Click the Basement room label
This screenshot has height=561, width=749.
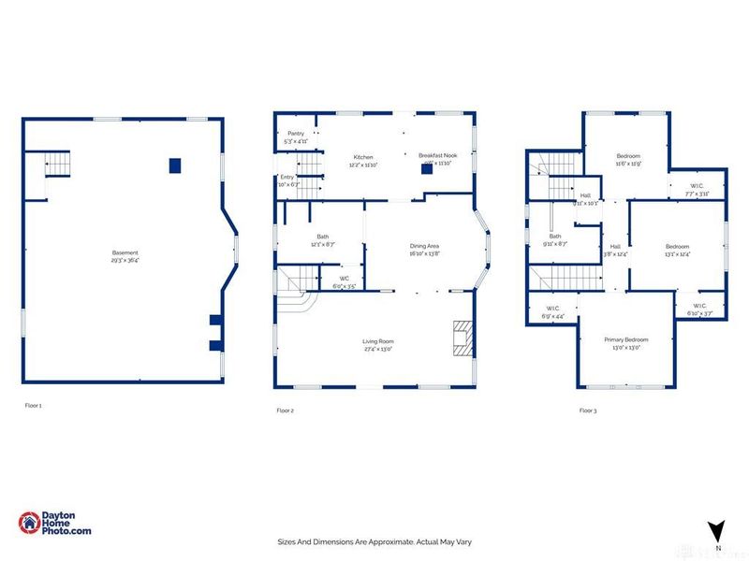[125, 252]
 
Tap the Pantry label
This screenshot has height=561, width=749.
[295, 134]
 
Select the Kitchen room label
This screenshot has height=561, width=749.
[363, 156]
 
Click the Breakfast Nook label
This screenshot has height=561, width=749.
[435, 156]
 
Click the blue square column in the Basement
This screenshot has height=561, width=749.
[174, 165]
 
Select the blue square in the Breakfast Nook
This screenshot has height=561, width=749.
[427, 170]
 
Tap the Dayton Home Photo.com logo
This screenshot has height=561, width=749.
[55, 524]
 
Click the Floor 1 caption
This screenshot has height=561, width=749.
[34, 406]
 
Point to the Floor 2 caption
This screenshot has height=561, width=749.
[285, 410]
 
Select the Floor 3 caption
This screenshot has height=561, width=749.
[587, 410]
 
